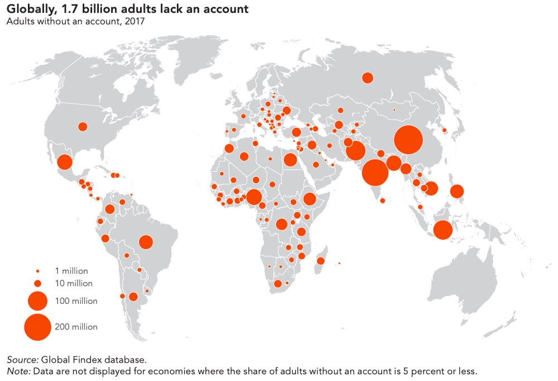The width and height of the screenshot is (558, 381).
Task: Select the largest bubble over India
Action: (x=375, y=172)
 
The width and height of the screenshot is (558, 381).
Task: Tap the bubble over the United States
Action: (x=83, y=127)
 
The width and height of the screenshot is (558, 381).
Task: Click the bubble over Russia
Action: (x=367, y=78)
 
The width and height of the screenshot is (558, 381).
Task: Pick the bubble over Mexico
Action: (x=65, y=163)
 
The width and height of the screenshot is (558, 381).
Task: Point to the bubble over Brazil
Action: (x=146, y=242)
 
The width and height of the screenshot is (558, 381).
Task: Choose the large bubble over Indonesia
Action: (x=442, y=230)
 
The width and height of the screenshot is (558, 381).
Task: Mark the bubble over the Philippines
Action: (x=456, y=192)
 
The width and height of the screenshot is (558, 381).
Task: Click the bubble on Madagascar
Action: (x=321, y=261)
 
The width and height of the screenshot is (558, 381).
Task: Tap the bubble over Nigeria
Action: (x=254, y=197)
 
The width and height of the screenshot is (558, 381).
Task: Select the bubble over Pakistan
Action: (x=355, y=150)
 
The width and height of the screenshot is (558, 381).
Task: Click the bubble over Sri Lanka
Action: (x=383, y=201)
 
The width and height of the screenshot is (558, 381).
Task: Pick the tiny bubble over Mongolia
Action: (x=394, y=110)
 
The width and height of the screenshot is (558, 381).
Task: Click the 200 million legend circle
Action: (x=38, y=327)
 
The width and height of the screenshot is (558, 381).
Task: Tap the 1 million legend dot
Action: (x=38, y=271)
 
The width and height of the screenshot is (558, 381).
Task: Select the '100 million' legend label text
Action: (x=76, y=301)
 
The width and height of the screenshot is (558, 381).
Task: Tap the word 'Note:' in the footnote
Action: (x=18, y=371)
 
